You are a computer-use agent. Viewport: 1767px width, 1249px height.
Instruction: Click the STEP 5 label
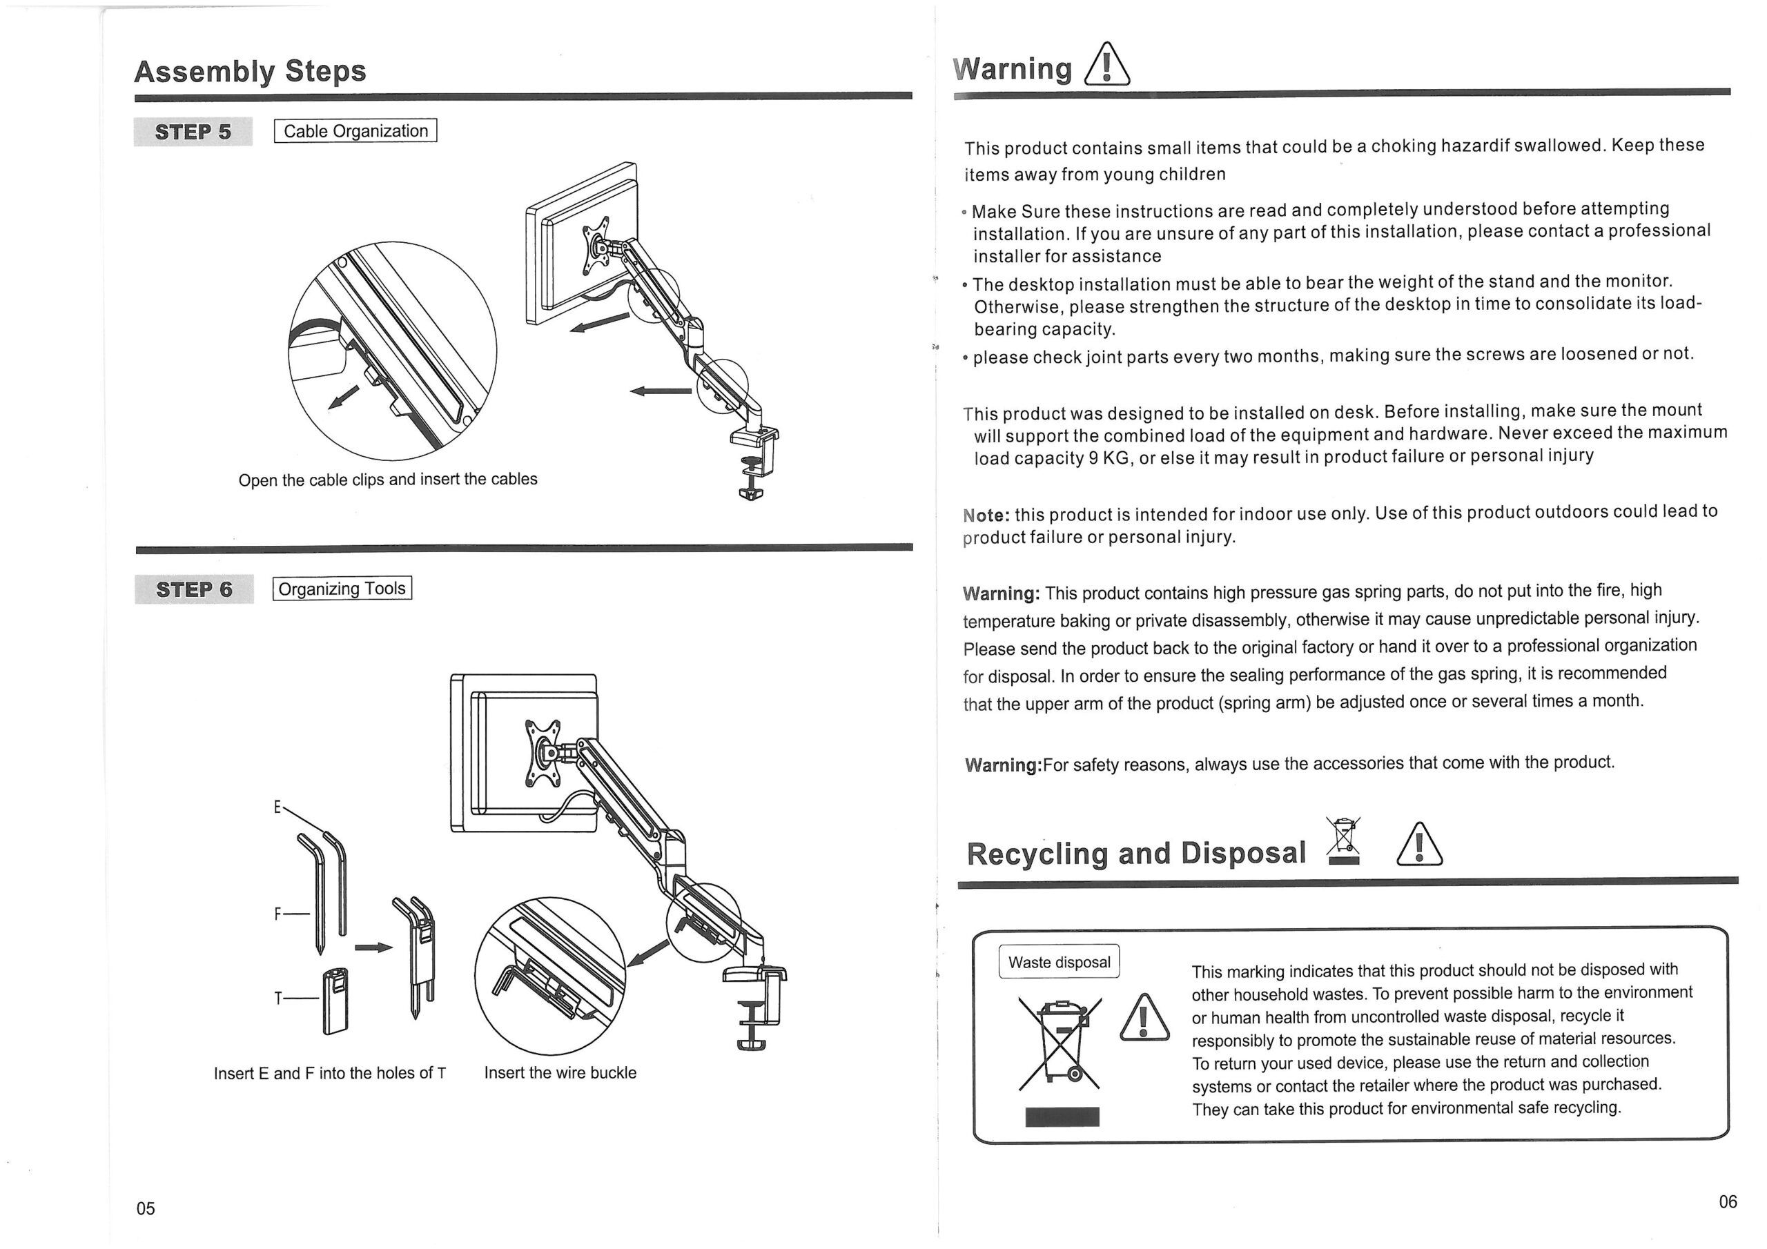tap(193, 132)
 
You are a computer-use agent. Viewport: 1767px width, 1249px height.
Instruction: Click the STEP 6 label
tap(194, 589)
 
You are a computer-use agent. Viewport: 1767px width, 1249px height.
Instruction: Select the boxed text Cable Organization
tap(355, 131)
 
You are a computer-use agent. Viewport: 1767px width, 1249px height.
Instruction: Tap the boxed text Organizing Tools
tap(342, 589)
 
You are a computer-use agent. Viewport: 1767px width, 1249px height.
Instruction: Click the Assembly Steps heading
tap(250, 72)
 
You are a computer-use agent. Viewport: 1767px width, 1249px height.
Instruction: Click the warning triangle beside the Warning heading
tap(1106, 66)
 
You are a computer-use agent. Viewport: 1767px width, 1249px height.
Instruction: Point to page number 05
tap(146, 1208)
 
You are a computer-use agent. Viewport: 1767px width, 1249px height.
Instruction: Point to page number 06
tap(1728, 1201)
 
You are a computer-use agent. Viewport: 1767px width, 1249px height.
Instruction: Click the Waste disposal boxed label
tap(1059, 962)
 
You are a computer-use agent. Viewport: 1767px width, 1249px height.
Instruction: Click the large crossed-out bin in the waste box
tap(1060, 1043)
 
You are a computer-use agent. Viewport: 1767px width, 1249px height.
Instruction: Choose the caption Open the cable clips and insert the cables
tap(388, 480)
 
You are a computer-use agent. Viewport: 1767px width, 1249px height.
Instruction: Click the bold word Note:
tap(986, 515)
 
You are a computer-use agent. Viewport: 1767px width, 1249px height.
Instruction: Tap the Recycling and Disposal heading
tap(1136, 854)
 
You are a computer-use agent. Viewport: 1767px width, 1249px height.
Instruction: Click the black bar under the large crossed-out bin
tap(1062, 1117)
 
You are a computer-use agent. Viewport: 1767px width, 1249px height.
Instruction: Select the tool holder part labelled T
tap(335, 1001)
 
